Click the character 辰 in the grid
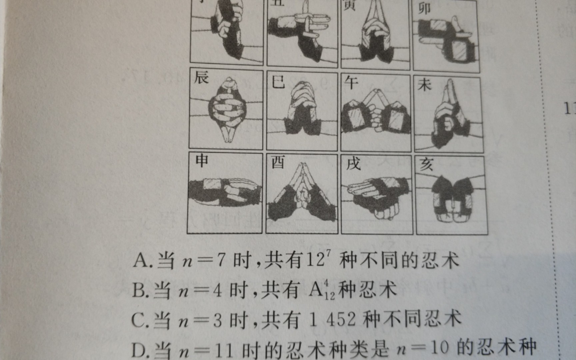click(201, 78)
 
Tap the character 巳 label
click(278, 82)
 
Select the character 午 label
click(351, 82)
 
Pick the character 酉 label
click(278, 162)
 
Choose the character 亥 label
click(426, 165)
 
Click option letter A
click(140, 260)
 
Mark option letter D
click(138, 350)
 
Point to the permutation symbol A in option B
click(315, 290)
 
